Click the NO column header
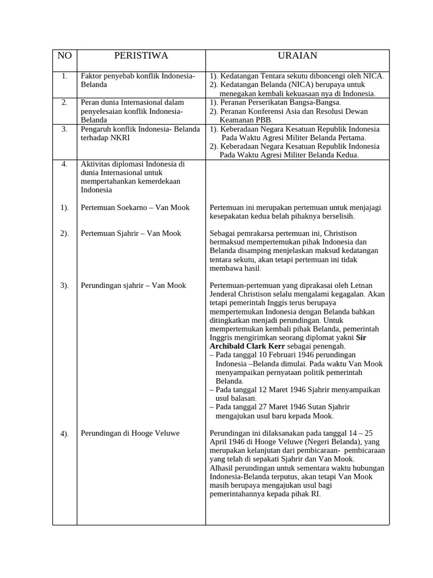[x=65, y=56]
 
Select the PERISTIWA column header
[x=141, y=56]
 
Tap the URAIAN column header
[x=297, y=56]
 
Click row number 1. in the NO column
[x=65, y=76]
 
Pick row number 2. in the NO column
[x=65, y=103]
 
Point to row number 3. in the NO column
[x=65, y=129]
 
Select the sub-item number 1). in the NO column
[x=65, y=208]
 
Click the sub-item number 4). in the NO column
[x=65, y=433]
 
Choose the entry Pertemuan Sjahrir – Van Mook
[x=131, y=234]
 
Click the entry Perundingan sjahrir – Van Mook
[x=133, y=286]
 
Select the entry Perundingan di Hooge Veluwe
[x=130, y=433]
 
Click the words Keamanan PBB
[x=246, y=120]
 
